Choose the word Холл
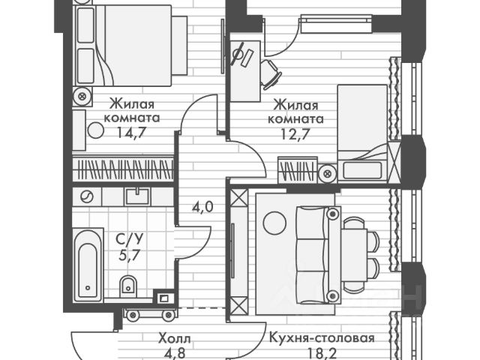pyautogui.click(x=175, y=339)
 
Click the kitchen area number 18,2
pyautogui.click(x=321, y=353)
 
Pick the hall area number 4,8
pyautogui.click(x=175, y=353)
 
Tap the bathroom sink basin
pyautogui.click(x=138, y=196)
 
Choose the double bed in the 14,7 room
pyautogui.click(x=133, y=45)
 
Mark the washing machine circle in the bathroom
pyautogui.click(x=87, y=196)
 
